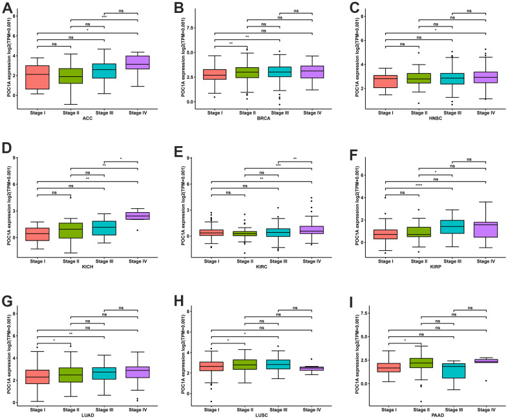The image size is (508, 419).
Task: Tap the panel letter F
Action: point(348,150)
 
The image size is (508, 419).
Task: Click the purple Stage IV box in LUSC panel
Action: point(311,369)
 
